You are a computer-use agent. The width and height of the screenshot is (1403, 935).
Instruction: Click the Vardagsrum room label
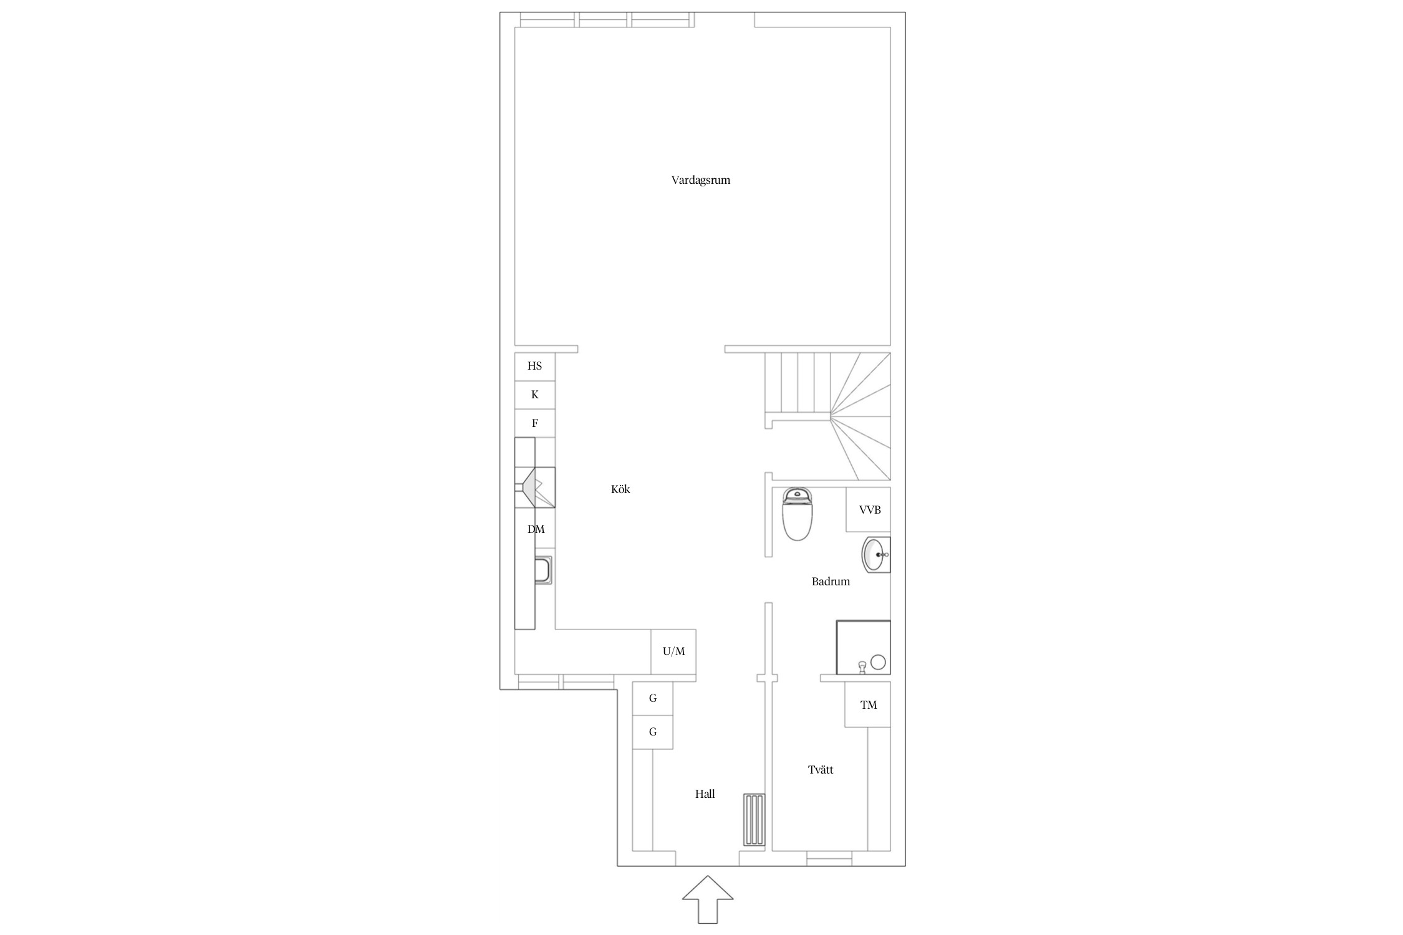click(700, 180)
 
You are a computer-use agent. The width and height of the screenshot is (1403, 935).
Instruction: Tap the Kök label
click(620, 489)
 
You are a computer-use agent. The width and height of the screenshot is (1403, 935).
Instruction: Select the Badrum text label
click(831, 582)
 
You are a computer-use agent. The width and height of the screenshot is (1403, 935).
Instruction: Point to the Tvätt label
click(821, 770)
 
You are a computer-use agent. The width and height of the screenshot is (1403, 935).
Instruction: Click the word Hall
click(705, 794)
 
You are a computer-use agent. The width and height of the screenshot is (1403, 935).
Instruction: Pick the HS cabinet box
click(535, 367)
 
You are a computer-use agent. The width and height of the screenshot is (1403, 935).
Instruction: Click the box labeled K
click(535, 395)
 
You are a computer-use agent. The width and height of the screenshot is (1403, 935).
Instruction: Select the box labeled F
click(535, 424)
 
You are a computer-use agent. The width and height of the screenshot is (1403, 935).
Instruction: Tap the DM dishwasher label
click(536, 529)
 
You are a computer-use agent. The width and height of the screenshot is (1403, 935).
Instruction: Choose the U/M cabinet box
click(673, 652)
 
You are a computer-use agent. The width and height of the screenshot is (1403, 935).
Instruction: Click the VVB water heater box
click(869, 510)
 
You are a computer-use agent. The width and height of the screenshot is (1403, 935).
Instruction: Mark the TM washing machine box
click(868, 705)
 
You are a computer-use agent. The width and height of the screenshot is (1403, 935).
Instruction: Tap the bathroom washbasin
click(876, 554)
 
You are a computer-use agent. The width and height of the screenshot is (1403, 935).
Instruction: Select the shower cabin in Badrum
click(864, 648)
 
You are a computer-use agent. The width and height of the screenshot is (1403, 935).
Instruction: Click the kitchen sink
click(542, 570)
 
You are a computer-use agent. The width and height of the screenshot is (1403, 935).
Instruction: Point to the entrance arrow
click(708, 899)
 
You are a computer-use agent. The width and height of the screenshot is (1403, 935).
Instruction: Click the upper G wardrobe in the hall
click(653, 699)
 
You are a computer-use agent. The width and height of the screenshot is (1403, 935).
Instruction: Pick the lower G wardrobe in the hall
click(653, 732)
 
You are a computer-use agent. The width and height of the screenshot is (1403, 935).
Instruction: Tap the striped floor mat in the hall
click(755, 820)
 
